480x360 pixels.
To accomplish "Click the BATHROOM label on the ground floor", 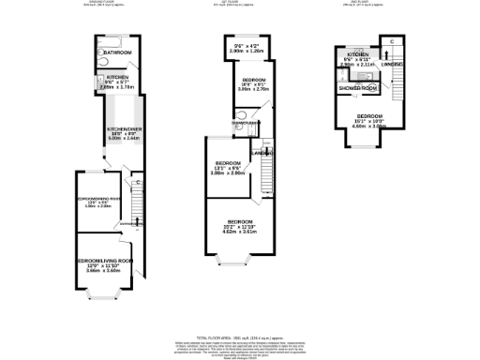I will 117,52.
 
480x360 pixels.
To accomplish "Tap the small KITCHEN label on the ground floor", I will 117,78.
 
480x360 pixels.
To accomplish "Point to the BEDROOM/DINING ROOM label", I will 104,200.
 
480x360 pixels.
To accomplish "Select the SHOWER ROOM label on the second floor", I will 357,87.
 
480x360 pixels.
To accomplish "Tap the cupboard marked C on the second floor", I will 392,43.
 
